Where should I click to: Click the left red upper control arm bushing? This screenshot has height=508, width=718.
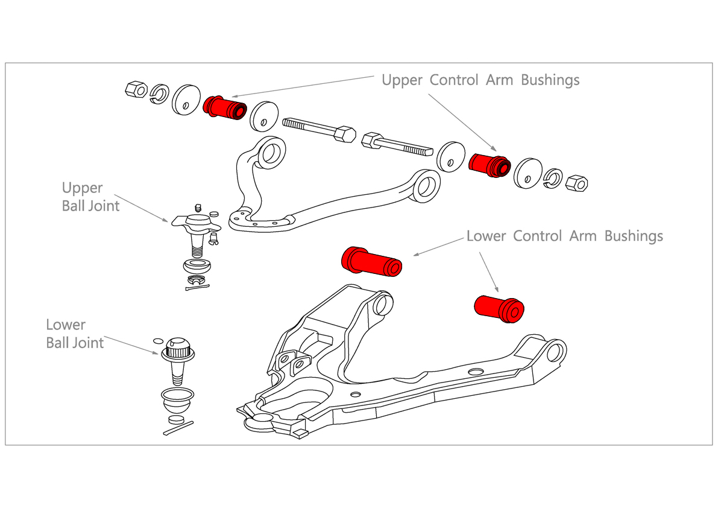(224, 108)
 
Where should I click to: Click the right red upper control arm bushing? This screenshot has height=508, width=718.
(490, 165)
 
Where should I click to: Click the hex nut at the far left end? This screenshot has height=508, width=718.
(136, 89)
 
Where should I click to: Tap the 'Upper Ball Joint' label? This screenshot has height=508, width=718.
(90, 197)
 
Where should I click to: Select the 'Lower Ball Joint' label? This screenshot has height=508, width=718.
(75, 334)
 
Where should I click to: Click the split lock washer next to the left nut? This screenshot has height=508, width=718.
(159, 93)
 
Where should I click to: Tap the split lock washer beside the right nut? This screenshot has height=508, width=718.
(553, 177)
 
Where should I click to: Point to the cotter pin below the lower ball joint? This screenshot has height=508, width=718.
(178, 428)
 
